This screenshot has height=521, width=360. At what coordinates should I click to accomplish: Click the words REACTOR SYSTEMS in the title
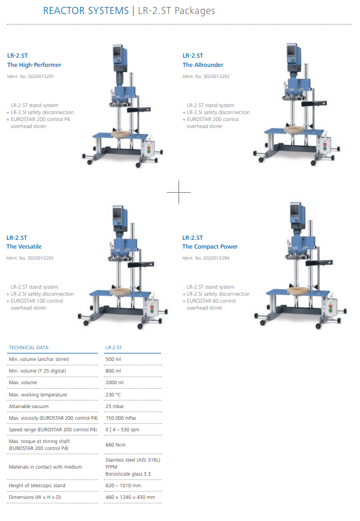(85, 10)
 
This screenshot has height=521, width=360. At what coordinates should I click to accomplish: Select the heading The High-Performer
(34, 65)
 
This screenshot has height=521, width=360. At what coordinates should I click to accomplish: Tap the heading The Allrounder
(203, 65)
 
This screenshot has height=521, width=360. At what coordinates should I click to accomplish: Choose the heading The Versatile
(24, 247)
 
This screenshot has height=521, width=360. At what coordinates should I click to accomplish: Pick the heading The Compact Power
(210, 247)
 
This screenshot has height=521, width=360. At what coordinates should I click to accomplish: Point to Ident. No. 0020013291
(31, 76)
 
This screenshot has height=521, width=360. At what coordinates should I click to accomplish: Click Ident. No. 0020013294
(205, 258)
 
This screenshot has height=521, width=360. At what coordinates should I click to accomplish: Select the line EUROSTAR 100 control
(37, 301)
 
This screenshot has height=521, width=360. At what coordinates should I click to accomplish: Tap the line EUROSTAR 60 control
(211, 301)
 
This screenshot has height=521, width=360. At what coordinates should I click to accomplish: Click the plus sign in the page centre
(179, 192)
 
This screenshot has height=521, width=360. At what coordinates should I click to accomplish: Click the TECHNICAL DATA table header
(28, 348)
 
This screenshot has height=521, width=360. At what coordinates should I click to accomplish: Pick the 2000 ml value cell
(115, 382)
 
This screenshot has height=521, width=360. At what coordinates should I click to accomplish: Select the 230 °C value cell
(113, 395)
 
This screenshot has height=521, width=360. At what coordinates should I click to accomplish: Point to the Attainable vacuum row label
(28, 406)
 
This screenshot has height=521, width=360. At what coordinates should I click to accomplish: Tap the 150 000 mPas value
(121, 418)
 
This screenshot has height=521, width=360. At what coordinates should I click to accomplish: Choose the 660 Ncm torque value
(116, 445)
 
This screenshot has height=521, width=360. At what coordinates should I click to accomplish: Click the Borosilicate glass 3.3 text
(128, 474)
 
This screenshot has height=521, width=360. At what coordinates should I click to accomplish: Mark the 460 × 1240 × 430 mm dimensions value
(130, 497)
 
